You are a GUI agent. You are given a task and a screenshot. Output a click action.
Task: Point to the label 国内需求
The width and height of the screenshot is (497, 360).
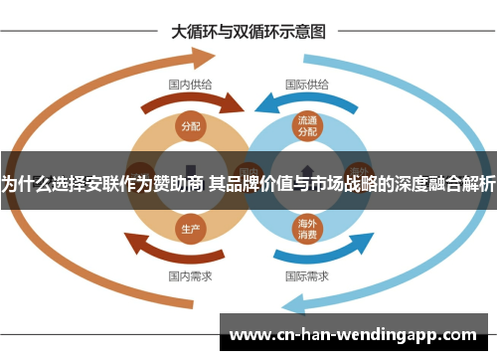pos(189,274)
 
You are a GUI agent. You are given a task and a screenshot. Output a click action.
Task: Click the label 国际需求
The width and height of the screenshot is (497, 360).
pos(307,274)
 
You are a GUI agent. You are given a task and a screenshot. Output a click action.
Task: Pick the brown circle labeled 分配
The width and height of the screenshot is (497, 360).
pos(191,126)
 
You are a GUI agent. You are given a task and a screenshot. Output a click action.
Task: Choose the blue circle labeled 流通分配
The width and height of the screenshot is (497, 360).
pos(307,126)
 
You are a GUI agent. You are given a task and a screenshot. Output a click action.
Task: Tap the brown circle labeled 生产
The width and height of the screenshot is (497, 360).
pos(191,228)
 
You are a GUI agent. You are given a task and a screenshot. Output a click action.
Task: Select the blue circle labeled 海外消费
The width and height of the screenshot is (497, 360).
pos(307,230)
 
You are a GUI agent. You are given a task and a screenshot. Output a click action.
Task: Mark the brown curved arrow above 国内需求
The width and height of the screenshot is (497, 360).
pos(184,252)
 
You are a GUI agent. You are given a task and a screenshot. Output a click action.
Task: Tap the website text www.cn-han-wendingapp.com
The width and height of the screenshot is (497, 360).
pos(353,333)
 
